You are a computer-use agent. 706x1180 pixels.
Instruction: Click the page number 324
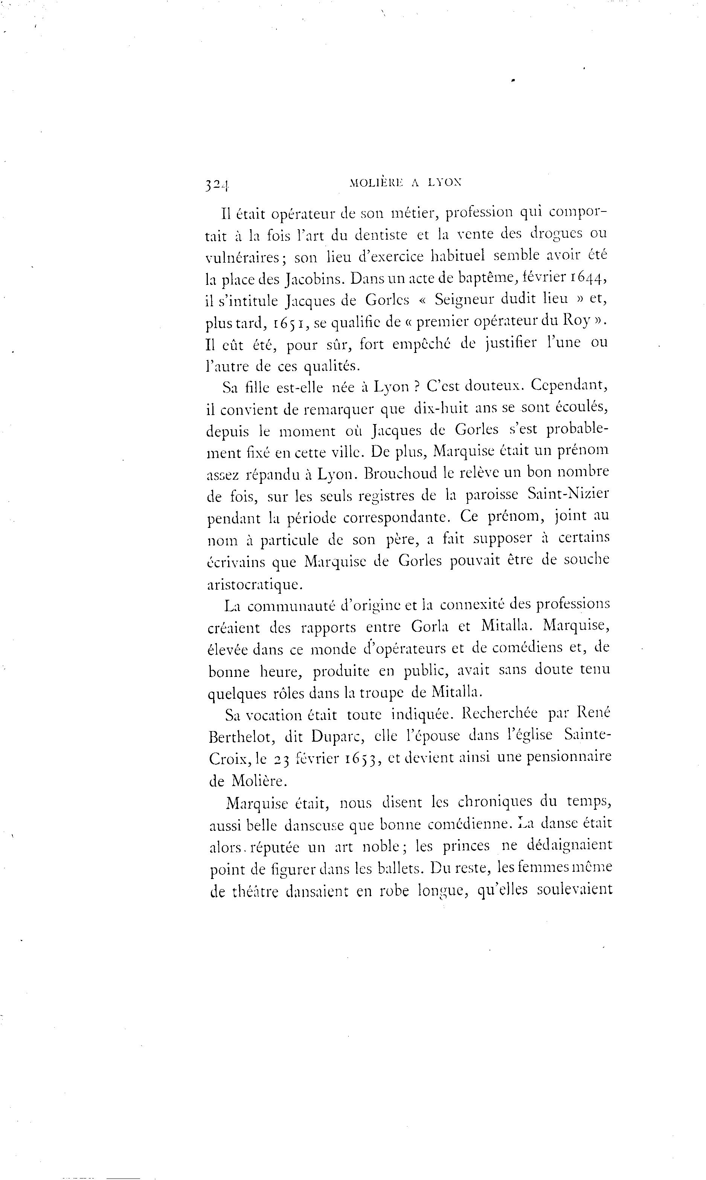tap(217, 185)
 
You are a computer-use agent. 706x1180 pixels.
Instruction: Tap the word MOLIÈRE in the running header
tap(375, 182)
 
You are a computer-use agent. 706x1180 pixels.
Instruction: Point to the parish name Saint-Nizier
tap(568, 494)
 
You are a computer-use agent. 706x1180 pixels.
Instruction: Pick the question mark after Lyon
tap(415, 386)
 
